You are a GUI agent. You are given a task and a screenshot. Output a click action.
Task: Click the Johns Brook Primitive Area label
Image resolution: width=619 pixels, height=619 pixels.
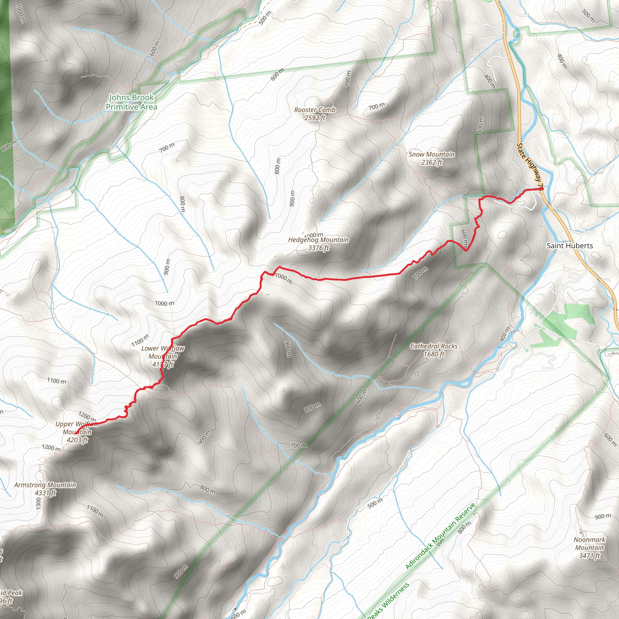tap(131, 102)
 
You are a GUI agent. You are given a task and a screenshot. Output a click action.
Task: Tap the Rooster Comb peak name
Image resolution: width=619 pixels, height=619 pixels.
tap(315, 110)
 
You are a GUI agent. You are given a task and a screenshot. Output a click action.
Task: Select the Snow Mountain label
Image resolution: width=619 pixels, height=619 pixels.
tap(431, 154)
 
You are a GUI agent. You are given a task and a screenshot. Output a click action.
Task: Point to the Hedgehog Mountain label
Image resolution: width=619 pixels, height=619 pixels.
tap(319, 240)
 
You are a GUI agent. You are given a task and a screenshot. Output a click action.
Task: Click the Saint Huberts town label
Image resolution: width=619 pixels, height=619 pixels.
tap(570, 246)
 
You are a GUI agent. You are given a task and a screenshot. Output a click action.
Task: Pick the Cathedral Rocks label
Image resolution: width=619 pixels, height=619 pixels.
tap(434, 346)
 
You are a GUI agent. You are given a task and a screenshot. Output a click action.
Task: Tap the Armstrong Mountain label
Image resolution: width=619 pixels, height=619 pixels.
tap(45, 485)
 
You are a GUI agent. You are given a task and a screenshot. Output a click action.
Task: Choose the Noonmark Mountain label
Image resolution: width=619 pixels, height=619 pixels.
tap(589, 544)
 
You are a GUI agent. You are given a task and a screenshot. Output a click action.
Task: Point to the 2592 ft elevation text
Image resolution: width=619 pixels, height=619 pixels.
tap(315, 118)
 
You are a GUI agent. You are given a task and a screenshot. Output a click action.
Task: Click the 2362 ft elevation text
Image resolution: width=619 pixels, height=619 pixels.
tap(432, 162)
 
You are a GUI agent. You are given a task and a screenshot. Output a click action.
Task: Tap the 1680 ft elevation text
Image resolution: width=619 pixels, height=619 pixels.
tap(434, 354)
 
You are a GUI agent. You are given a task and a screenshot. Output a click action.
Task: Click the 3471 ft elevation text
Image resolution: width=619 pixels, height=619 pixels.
tap(589, 556)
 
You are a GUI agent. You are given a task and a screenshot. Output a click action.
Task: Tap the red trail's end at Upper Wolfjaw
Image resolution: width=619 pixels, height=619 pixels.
tap(77, 433)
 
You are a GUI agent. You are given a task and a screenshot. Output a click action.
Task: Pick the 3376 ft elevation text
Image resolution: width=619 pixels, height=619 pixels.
tap(319, 248)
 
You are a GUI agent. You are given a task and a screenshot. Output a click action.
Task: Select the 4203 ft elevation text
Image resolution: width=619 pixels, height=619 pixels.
tap(77, 440)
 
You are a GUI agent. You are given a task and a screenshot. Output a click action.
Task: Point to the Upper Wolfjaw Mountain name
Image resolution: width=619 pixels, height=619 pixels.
tap(77, 428)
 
